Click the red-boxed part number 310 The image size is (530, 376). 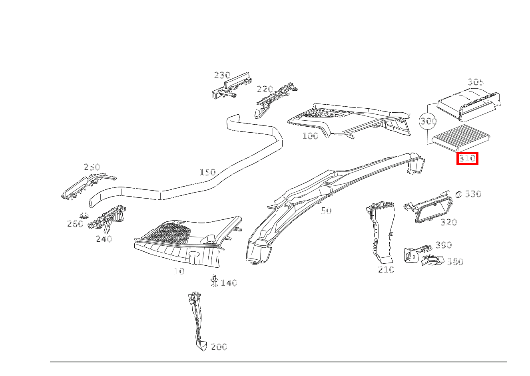pos(467,159)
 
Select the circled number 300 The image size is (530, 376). pos(428,121)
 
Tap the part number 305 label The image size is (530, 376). pos(476,82)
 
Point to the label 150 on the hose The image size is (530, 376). pos(207,172)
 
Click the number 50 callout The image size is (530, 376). pos(326,211)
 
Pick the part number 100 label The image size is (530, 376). pos(310,136)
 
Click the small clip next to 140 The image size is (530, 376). pos(214,281)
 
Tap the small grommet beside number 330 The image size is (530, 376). pos(458,194)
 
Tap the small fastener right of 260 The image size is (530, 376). pos(84,215)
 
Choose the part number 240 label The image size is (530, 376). pos(104,239)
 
